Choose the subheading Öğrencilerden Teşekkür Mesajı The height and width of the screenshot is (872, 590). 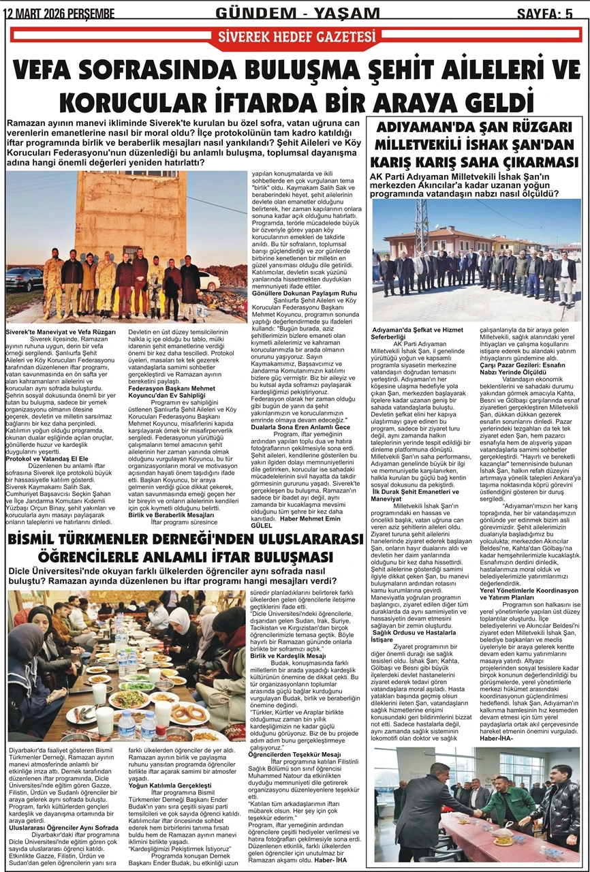(x=294, y=755)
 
